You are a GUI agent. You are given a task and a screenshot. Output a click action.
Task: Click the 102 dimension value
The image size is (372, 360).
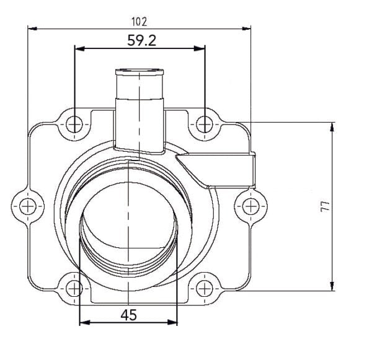click(x=139, y=21)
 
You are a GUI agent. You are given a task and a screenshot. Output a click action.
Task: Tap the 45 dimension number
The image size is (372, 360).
click(x=128, y=314)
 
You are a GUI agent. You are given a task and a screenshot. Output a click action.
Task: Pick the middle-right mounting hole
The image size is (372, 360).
click(x=250, y=205)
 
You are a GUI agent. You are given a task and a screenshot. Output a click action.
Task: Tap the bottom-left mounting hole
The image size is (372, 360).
click(x=74, y=287)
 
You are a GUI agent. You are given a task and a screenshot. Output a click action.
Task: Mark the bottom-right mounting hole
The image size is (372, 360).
click(x=205, y=287)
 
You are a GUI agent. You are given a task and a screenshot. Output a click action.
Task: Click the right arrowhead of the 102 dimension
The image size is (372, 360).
click(x=247, y=28)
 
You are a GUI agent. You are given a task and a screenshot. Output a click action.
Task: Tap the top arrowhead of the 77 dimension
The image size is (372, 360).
click(x=334, y=126)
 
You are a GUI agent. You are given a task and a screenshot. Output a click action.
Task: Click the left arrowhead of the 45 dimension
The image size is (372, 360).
click(x=84, y=322)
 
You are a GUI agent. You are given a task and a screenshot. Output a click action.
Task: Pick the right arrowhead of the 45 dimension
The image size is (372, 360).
click(x=173, y=322)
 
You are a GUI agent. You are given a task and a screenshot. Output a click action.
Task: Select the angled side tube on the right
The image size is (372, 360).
click(x=217, y=170)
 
